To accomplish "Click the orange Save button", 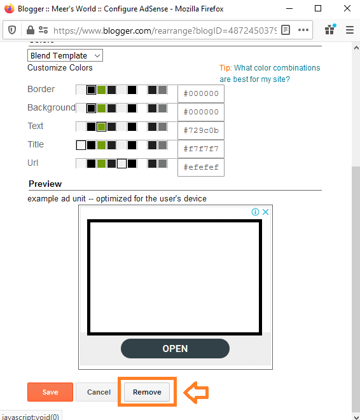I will pos(50,392).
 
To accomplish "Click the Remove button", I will pos(147,392).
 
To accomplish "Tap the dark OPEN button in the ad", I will pos(175,348).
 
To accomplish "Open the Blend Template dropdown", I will pos(65,56).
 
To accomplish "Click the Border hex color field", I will pos(201,93).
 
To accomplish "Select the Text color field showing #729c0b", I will pos(201,130).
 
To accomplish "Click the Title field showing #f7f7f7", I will pos(201,149).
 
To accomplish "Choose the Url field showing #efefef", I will pos(201,167).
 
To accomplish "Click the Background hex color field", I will pos(201,112).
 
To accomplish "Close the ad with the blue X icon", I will pos(266,212).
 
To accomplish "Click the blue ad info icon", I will pos(255,212).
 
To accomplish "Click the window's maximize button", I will pos(318,8).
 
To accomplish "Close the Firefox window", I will pos(347,8).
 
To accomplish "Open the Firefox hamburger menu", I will pos(349,30).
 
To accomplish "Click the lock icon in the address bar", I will pos(30,30).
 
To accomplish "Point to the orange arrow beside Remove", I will pos(197,392).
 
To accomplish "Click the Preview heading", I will pos(45,184).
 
